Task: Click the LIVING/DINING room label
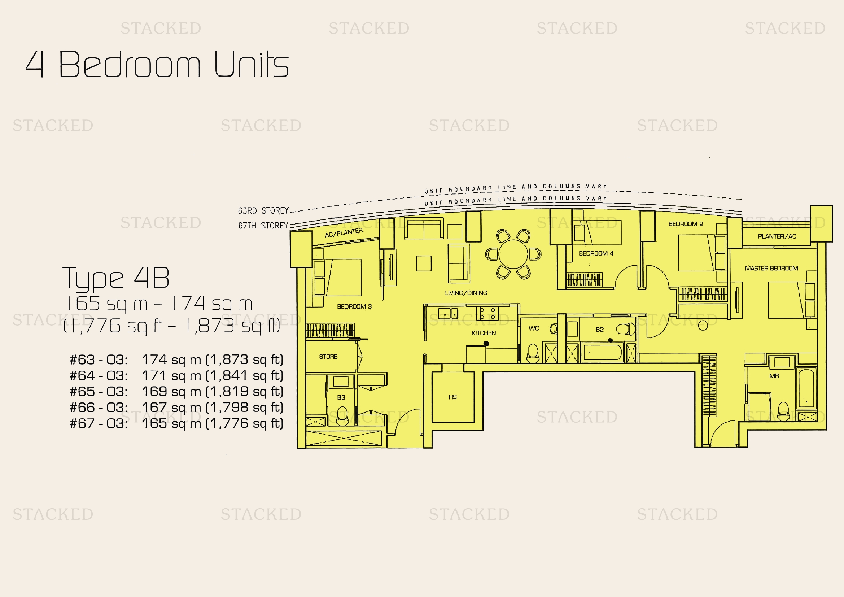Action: point(466,293)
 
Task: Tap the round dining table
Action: point(513,254)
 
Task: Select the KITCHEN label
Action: point(484,333)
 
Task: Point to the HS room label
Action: point(452,397)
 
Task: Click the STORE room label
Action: point(328,357)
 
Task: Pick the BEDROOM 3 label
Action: point(354,306)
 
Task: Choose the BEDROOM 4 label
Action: point(596,253)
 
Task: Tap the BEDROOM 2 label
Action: point(686,224)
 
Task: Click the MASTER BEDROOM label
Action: point(771,268)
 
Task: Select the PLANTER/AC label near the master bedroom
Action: point(777,236)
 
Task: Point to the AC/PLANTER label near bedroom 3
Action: point(344,233)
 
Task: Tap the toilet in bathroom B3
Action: point(342,416)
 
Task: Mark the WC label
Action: point(534,328)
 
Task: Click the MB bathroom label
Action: point(774,376)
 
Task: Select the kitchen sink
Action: point(448,314)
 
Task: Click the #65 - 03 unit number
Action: point(99,392)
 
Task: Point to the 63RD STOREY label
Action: point(263,211)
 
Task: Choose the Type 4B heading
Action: point(116,278)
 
